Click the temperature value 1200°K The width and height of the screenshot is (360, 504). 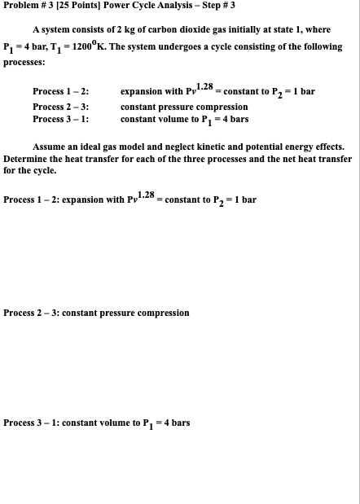coord(90,46)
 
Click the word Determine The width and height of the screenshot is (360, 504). coord(27,160)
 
